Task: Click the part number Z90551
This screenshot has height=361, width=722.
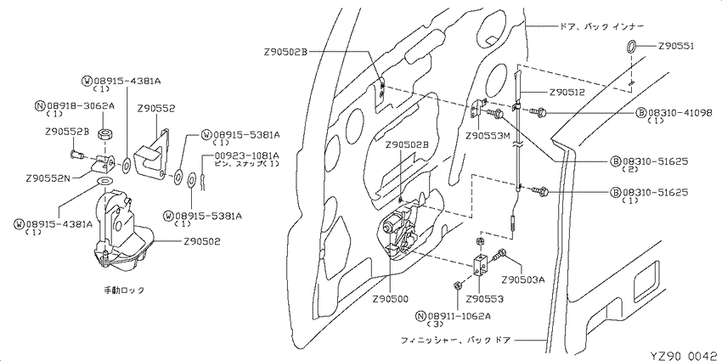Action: pyautogui.click(x=676, y=46)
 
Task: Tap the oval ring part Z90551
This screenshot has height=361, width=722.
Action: pyautogui.click(x=631, y=46)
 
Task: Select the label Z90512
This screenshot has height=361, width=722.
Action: pyautogui.click(x=567, y=92)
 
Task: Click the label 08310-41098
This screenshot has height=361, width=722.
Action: pyautogui.click(x=680, y=113)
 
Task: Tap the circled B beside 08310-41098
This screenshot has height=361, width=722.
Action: pyautogui.click(x=642, y=113)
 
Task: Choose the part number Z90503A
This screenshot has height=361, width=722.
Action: pyautogui.click(x=522, y=279)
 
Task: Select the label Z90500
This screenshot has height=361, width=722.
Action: pyautogui.click(x=391, y=299)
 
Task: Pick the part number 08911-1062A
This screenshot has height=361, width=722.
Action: pyautogui.click(x=459, y=316)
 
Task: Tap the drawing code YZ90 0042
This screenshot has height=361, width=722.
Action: pyautogui.click(x=685, y=355)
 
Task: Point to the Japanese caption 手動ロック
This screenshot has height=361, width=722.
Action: pyautogui.click(x=124, y=290)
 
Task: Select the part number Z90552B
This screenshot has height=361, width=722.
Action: pyautogui.click(x=67, y=131)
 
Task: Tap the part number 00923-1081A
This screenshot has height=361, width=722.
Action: pyautogui.click(x=247, y=155)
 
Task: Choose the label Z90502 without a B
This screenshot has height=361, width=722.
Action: pyautogui.click(x=201, y=241)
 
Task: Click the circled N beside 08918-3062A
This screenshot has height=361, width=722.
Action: pyautogui.click(x=40, y=105)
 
